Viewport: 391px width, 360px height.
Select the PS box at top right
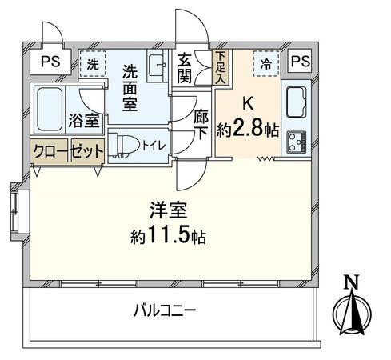coord(301,61)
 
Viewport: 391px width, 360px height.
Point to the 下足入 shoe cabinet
coord(221,62)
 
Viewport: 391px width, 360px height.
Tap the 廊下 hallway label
coord(201,124)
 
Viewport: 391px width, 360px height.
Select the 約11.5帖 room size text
coord(168,237)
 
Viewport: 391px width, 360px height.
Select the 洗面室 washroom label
coord(130,87)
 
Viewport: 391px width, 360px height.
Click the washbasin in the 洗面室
coord(158,66)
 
